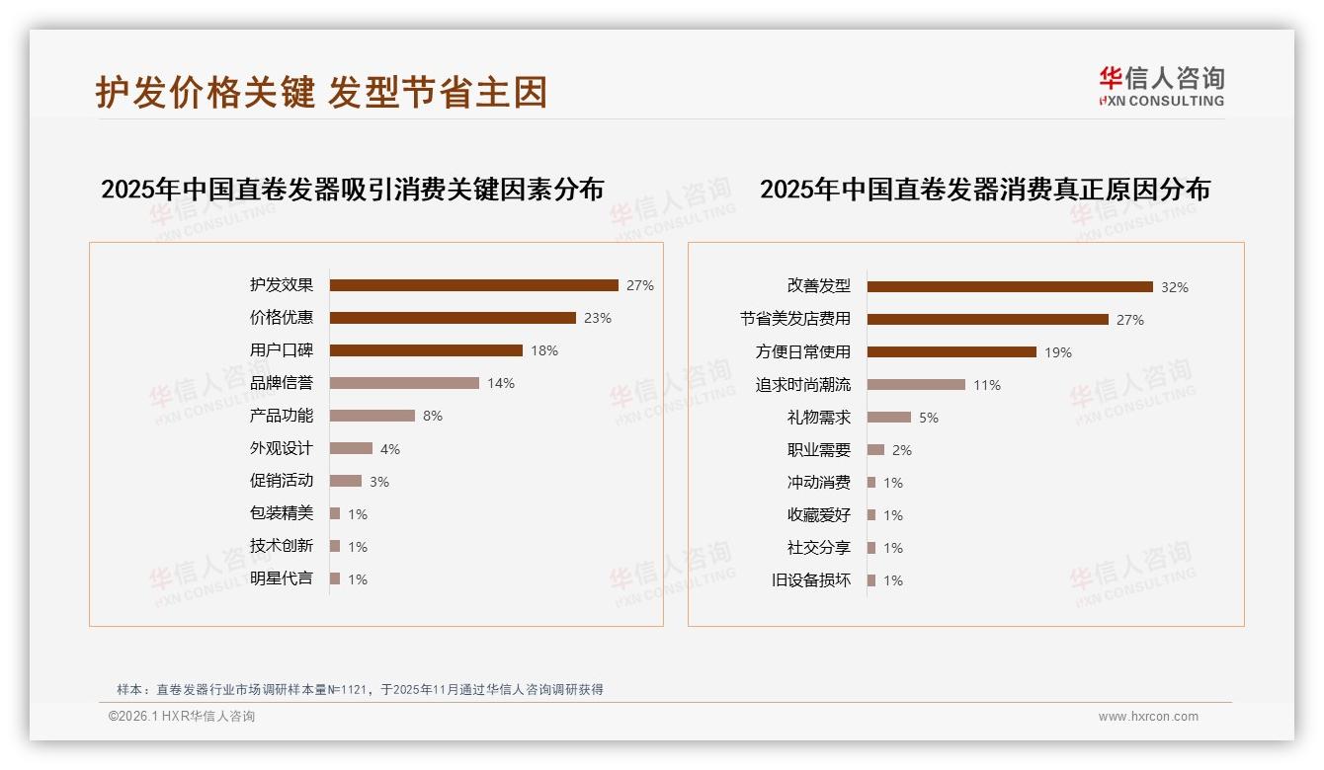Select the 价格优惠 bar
tap(453, 318)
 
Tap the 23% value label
tap(598, 318)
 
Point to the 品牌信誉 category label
tap(282, 383)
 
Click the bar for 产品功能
tap(372, 416)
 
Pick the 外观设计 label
tap(282, 448)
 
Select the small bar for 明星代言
tap(335, 578)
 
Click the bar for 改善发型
tap(1010, 287)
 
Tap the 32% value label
tap(1175, 287)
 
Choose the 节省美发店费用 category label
tap(795, 320)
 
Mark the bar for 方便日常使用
tap(952, 352)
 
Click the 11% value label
tap(987, 385)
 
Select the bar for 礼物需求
tap(889, 418)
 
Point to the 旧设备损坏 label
tap(811, 580)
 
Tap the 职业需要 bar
tap(875, 450)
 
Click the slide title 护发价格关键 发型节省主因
tap(321, 93)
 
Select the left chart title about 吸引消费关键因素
tap(352, 189)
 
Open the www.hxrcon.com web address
tap(1148, 717)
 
